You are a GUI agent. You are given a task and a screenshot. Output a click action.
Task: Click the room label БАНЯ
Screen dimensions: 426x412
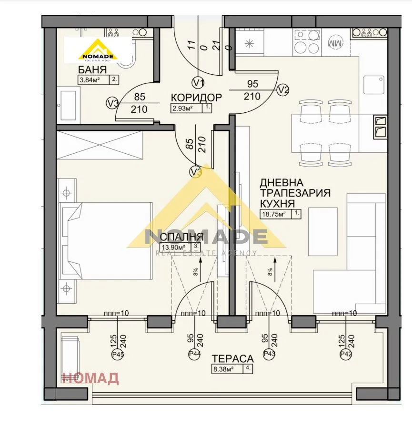pyautogui.click(x=92, y=69)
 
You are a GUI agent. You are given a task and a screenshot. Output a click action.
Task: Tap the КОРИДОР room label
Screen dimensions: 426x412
pyautogui.click(x=196, y=98)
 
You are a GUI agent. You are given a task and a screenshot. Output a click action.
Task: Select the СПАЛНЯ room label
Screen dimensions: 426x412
pyautogui.click(x=181, y=237)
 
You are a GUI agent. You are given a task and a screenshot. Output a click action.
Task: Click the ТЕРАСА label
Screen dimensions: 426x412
pyautogui.click(x=232, y=358)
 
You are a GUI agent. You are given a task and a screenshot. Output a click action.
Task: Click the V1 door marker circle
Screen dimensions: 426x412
pyautogui.click(x=199, y=82)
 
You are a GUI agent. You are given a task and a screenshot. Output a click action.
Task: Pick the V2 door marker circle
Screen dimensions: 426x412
pyautogui.click(x=283, y=89)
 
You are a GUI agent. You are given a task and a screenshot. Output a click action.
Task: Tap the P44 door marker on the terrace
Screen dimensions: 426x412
pyautogui.click(x=194, y=354)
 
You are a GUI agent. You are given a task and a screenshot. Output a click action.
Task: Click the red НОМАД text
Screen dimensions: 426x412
pyautogui.click(x=90, y=378)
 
